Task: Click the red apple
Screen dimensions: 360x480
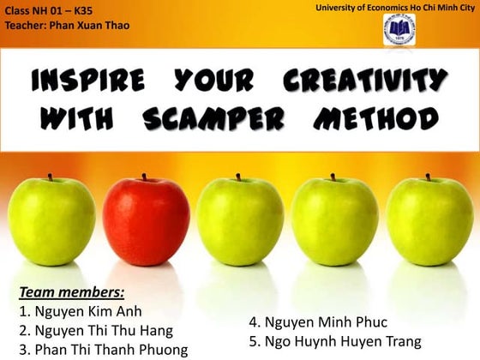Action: [146, 221]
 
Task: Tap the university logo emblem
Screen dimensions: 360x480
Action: [398, 32]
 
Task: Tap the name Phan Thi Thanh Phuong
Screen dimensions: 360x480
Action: [103, 349]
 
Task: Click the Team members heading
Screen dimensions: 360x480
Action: [71, 292]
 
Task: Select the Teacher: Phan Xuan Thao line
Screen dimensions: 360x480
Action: [67, 25]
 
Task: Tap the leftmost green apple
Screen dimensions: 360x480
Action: [51, 220]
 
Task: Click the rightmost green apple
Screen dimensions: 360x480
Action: [429, 220]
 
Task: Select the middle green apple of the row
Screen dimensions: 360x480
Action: [239, 221]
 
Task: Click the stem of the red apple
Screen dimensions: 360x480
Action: [144, 177]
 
